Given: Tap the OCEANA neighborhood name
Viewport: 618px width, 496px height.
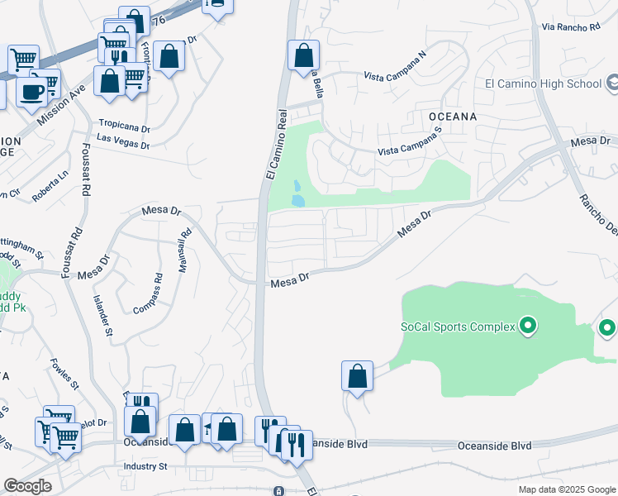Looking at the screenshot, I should point(452,117).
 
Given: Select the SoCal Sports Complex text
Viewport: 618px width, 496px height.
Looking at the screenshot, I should point(459,327).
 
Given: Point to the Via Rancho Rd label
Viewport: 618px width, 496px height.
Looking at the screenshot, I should point(571,27).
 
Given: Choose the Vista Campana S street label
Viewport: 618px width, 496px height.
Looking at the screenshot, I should point(411,146).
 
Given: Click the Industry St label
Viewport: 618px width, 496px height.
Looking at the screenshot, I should point(145,466).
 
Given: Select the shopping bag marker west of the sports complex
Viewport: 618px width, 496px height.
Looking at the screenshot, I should point(357,377).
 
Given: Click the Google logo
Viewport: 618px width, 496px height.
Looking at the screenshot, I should point(27,486).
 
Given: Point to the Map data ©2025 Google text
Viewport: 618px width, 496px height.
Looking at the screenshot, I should point(566,489).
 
